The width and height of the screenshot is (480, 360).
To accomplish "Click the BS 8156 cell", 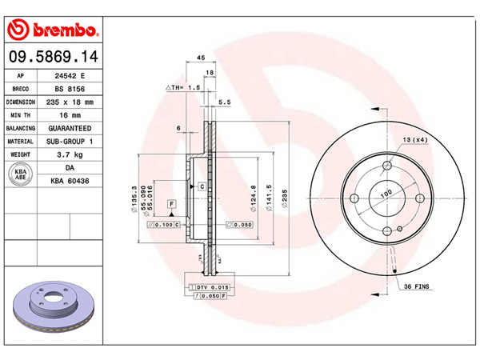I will pos(70,89).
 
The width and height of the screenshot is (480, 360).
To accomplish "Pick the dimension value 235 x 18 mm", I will pos(70,102).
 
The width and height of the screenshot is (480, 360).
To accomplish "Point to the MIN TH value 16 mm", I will pos(70,115).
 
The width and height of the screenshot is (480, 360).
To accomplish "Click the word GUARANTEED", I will pos(70,128).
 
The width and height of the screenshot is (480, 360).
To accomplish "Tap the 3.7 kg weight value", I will pos(70,154).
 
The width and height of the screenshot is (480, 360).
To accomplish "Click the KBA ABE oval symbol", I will pos(21,174).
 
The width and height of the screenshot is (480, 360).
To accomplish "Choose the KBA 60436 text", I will pos(70,182).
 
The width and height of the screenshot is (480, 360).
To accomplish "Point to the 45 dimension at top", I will pos(201,57).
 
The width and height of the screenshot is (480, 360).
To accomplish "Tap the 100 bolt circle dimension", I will pos(386,193).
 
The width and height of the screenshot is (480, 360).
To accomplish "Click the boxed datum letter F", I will pos(170,205).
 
